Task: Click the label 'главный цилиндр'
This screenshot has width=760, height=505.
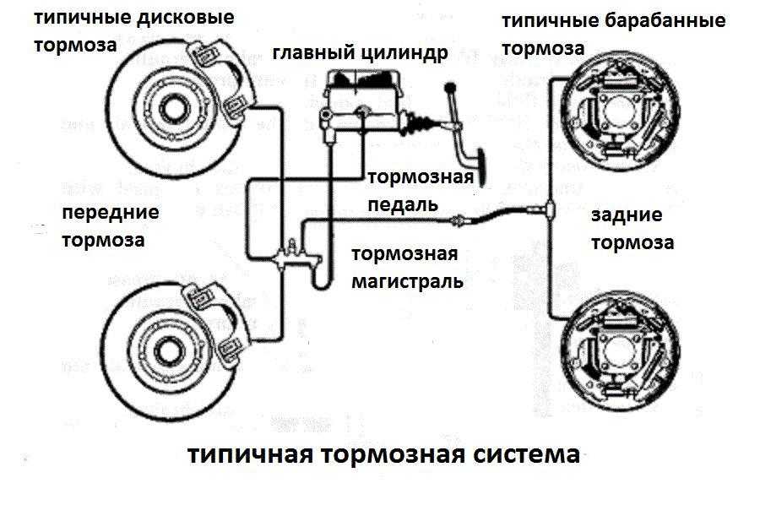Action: coord(360,54)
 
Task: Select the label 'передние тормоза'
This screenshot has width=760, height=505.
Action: coord(110,225)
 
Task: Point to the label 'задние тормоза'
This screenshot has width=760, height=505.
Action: coord(632,229)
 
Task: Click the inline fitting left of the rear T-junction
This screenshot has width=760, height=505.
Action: coord(459,222)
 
